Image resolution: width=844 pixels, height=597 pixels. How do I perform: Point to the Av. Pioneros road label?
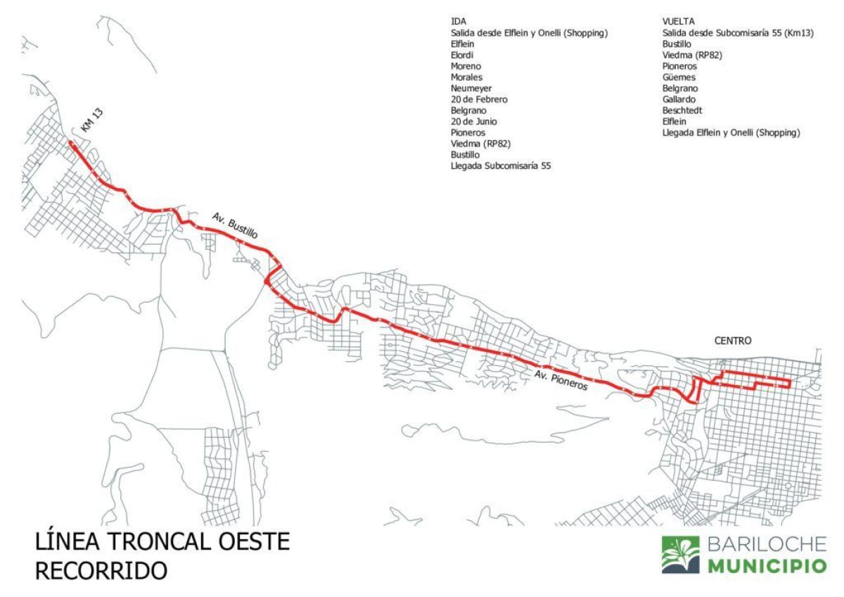[x=561, y=379]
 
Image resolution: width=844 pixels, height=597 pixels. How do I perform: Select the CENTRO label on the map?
[x=733, y=340]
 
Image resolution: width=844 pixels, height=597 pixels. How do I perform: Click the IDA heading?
[x=459, y=22]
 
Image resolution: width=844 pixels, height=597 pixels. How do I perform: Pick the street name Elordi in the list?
[x=463, y=55]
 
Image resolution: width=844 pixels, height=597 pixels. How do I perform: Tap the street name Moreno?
[x=466, y=66]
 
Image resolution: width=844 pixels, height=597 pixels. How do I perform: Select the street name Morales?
[x=466, y=77]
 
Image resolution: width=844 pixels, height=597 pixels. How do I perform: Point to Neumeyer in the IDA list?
[x=471, y=88]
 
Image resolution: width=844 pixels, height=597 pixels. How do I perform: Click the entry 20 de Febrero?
[x=479, y=99]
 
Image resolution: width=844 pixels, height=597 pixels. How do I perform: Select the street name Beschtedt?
[x=682, y=111]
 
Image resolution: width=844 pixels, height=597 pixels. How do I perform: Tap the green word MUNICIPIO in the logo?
[x=767, y=567]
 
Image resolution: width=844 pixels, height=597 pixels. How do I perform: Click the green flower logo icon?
[x=680, y=554]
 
